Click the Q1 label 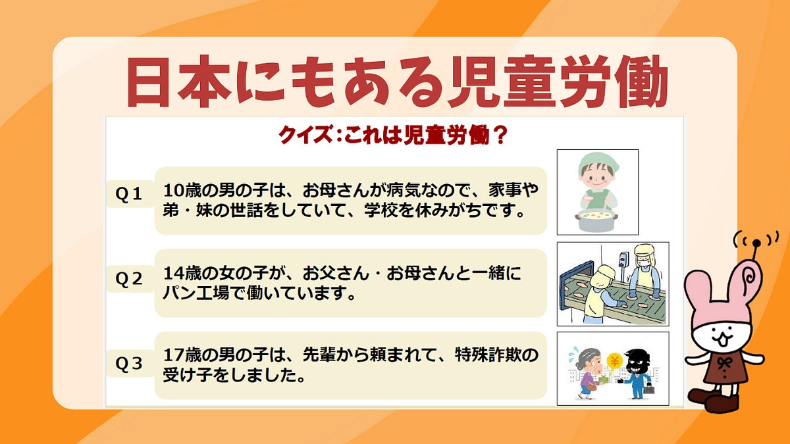point(129,194)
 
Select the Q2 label point(129,279)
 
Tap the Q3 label point(129,364)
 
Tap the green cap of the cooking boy point(596,162)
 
